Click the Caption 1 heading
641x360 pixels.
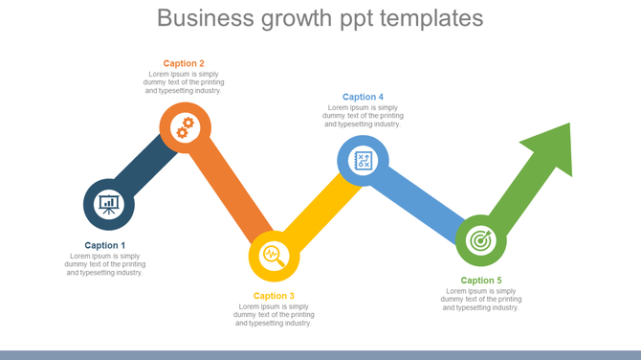click(104, 245)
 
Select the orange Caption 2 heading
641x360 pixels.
click(184, 63)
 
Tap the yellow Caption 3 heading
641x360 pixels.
click(274, 296)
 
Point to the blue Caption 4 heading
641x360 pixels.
click(363, 97)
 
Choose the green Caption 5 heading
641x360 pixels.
click(480, 281)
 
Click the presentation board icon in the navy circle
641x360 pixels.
click(109, 204)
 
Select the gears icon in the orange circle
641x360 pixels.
click(185, 127)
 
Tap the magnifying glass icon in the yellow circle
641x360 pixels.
click(274, 255)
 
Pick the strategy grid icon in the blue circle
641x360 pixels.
click(363, 160)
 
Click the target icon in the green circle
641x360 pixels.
click(480, 239)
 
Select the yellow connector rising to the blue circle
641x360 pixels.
click(317, 210)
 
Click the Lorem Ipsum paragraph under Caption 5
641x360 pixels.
click(480, 300)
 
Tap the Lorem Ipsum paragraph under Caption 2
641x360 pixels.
click(184, 82)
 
